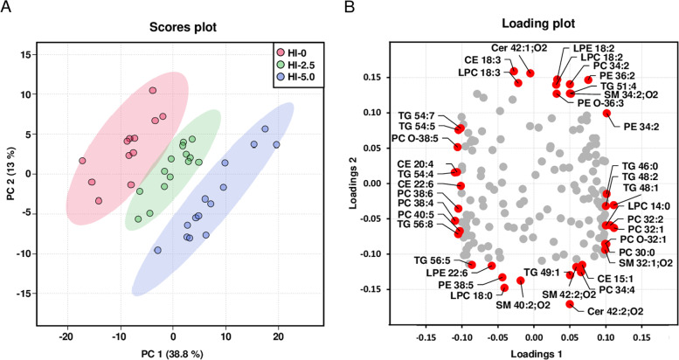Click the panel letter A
pyautogui.click(x=6, y=8)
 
